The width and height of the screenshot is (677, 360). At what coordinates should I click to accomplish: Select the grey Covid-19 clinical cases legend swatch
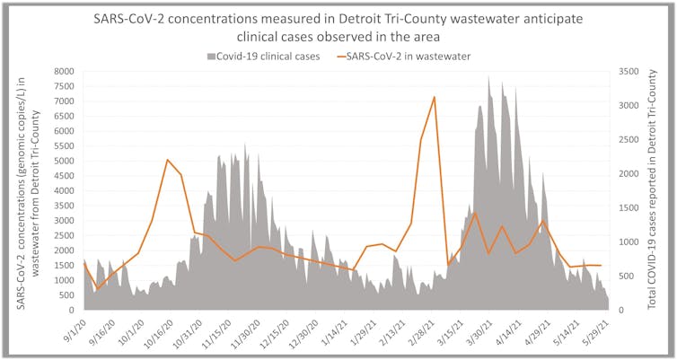coord(213,57)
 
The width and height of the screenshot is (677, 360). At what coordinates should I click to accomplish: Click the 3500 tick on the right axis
coord(628,72)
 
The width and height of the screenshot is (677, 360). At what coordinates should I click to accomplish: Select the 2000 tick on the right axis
coord(628,174)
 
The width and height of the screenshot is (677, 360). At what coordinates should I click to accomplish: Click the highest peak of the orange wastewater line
coord(435,97)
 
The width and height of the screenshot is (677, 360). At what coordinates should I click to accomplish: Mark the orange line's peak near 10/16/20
coord(169,160)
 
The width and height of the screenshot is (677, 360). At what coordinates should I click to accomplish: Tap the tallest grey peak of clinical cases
coord(488,76)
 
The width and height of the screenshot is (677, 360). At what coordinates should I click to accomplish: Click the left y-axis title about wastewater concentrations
coord(26,190)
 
